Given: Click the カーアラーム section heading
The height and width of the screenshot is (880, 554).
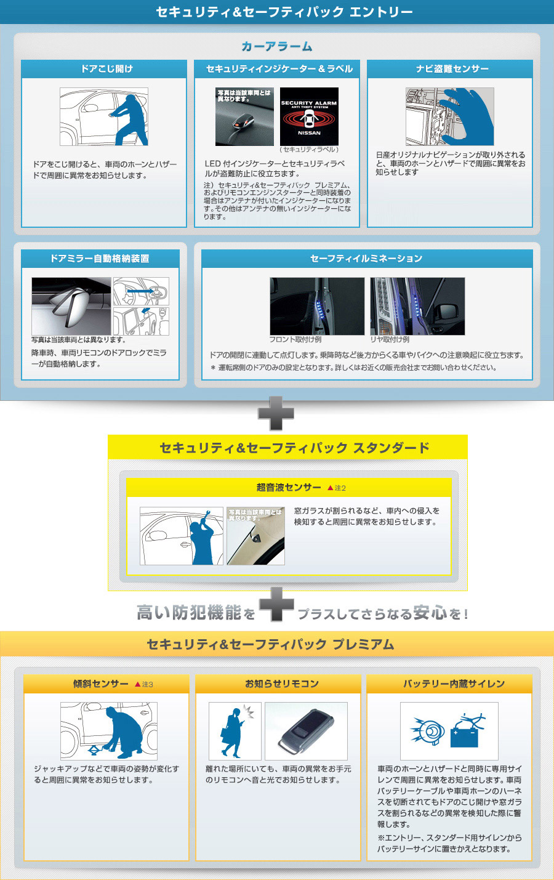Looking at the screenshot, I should (x=277, y=46).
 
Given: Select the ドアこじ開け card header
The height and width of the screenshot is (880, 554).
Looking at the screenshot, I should (x=104, y=69).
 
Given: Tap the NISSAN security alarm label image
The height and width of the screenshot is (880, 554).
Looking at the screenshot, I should (x=309, y=116).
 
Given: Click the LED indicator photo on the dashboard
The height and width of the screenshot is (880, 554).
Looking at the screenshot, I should (x=244, y=116).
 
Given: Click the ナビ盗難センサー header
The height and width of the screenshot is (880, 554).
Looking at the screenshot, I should (x=450, y=69).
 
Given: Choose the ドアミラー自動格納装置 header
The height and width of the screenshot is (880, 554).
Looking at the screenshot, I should (x=100, y=259).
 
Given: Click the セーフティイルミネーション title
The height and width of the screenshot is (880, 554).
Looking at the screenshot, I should (x=366, y=259).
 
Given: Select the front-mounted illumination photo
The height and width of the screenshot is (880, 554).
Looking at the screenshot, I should (x=317, y=306).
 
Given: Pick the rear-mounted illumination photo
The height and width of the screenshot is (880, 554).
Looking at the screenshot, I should (x=417, y=306).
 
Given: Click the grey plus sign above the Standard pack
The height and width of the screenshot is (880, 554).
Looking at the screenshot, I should (x=276, y=413).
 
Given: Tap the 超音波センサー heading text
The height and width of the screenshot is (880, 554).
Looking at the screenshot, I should (x=289, y=488).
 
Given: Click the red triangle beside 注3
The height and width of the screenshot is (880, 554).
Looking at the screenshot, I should (x=137, y=684).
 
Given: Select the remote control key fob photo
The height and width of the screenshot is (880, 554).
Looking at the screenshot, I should (x=306, y=731).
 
